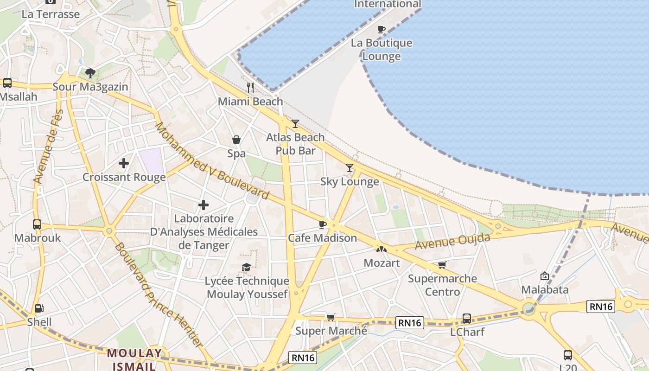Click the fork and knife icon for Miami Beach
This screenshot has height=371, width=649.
250,87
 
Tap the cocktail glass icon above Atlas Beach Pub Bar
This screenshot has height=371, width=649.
295,123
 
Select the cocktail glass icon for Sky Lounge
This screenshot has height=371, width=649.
350,167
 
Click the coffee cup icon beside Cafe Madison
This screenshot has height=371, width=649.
323,224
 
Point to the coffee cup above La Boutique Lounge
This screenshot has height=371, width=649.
382,29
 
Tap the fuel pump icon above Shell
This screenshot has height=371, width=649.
39,308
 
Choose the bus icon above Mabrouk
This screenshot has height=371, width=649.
37,224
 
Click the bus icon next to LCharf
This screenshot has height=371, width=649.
467,319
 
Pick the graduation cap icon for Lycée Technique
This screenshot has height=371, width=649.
247,267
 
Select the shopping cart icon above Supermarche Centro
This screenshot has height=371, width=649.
442,265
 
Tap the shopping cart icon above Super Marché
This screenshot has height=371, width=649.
331,317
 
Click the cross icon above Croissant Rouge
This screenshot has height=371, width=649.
124,163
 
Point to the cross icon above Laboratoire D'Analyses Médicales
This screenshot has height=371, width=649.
204,205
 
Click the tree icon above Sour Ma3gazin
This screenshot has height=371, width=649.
90,73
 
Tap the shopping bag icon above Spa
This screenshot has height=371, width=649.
236,139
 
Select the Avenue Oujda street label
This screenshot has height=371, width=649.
452,241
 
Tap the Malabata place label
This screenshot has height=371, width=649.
545,290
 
